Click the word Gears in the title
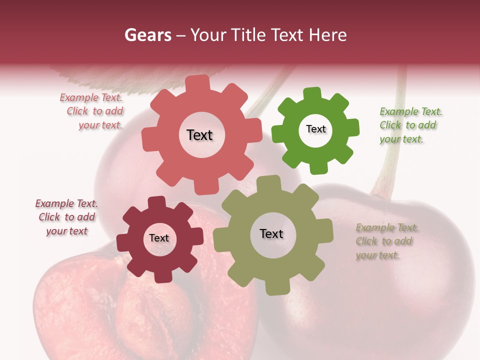click(147, 35)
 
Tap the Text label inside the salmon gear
click(199, 135)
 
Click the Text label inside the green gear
click(315, 129)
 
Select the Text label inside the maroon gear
click(159, 238)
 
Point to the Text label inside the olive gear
click(271, 233)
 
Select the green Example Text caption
click(410, 125)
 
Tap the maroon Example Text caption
click(66, 217)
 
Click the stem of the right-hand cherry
click(392, 150)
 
